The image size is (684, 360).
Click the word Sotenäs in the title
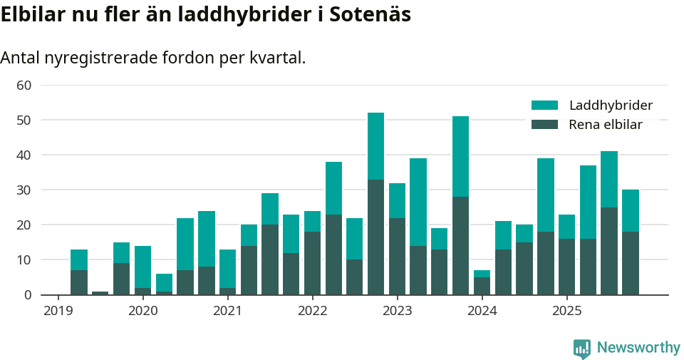point(370,14)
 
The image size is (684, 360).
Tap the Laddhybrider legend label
point(611,106)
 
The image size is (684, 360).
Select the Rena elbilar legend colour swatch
point(544,125)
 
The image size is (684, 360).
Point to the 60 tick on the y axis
point(24,86)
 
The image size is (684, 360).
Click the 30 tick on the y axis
point(24,190)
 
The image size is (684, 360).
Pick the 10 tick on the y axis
point(24,260)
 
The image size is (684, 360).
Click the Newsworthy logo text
point(638,348)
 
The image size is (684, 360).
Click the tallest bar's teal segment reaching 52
point(375,146)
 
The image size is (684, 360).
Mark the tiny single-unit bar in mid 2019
point(100,293)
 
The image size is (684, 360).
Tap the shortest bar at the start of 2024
point(482,282)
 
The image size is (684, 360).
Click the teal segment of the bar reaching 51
point(460,157)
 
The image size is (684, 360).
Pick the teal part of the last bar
point(630,210)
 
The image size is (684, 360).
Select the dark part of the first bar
point(79,282)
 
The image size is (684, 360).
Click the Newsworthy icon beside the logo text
point(581,349)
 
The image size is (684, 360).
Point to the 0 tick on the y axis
point(28,295)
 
